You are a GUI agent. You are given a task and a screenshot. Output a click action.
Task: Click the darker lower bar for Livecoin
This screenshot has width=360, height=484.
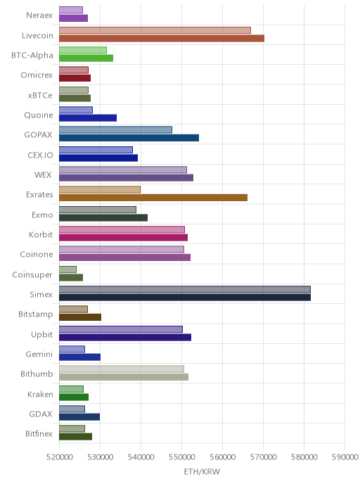tap(162, 38)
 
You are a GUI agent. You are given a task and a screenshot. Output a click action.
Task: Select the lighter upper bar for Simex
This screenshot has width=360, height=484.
tap(185, 289)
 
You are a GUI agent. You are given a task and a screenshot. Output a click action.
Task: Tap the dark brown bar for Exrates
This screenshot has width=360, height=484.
tap(153, 198)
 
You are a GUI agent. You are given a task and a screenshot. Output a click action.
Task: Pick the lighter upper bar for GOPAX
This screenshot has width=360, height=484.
tap(116, 130)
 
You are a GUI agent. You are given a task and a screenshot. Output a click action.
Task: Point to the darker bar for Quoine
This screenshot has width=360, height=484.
tap(88, 118)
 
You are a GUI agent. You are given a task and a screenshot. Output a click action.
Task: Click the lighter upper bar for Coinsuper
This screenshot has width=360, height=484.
tap(68, 269)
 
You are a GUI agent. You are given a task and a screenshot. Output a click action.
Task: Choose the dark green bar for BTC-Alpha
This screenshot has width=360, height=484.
tap(86, 58)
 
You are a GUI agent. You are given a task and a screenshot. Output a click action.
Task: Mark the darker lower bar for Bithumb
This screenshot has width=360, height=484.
tap(124, 377)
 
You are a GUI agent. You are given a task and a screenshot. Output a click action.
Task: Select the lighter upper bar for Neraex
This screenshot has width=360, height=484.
tap(71, 10)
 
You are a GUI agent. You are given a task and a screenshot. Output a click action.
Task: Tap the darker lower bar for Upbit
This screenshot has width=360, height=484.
tap(125, 337)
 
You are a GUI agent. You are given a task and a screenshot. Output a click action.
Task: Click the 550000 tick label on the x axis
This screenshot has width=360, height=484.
tap(181, 457)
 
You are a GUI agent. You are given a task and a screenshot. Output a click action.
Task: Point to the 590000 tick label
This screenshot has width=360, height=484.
tap(345, 457)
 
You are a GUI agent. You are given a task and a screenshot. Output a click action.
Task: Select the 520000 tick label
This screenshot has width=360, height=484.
tap(60, 457)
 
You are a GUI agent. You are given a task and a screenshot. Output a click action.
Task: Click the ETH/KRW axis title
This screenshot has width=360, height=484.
tap(202, 471)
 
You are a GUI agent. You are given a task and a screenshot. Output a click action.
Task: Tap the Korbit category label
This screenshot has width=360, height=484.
tap(41, 234)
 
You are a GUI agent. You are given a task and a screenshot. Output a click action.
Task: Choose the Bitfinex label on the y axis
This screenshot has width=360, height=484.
tap(39, 433)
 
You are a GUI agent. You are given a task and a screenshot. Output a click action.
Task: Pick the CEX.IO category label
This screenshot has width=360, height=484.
tap(40, 155)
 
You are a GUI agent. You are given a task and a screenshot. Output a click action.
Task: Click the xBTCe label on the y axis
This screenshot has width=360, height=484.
tap(40, 96)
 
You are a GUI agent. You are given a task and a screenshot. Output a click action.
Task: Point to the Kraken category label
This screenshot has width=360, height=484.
tap(40, 394)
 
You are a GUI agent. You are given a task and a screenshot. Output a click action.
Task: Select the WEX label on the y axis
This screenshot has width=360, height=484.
tap(43, 174)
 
